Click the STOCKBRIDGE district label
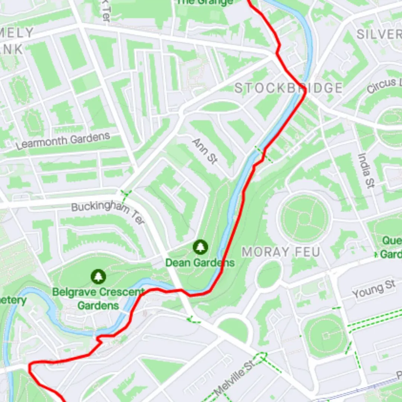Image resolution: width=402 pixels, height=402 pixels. pyautogui.click(x=288, y=88)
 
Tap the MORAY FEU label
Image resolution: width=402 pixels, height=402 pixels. pyautogui.click(x=281, y=252)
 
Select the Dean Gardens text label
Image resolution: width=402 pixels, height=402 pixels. pyautogui.click(x=200, y=263)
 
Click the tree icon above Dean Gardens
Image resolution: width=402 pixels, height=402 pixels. pyautogui.click(x=201, y=246)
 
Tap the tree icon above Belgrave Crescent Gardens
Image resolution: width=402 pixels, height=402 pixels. pyautogui.click(x=98, y=276)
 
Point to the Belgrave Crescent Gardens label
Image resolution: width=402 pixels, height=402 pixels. pyautogui.click(x=98, y=299)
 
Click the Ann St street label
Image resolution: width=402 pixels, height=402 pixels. pyautogui.click(x=204, y=150)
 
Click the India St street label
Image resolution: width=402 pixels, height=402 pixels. pyautogui.click(x=366, y=170)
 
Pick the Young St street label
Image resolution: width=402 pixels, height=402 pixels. pyautogui.click(x=373, y=290)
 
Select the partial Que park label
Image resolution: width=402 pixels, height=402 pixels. pyautogui.click(x=391, y=247)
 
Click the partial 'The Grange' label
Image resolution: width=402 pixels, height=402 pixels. pyautogui.click(x=204, y=2)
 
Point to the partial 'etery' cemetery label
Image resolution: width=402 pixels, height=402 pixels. pyautogui.click(x=13, y=300)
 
